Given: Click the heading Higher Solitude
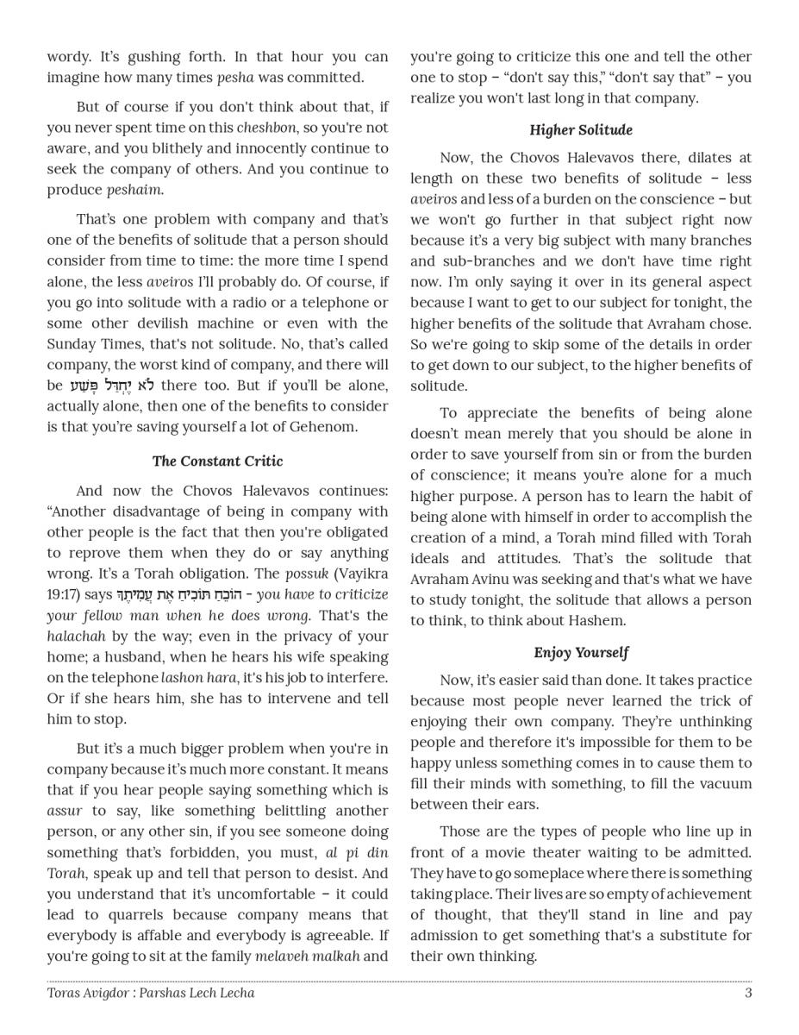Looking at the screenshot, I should pos(580,130).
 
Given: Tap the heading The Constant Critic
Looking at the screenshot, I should pos(217,461).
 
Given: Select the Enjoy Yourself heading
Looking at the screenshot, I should pos(580,653).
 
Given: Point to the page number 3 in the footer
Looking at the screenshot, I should pos(748,993).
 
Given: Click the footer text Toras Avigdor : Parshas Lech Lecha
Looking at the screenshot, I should pos(151,993).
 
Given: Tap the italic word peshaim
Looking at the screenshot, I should pos(134,190).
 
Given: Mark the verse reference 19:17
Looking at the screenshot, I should pos(63,595).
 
